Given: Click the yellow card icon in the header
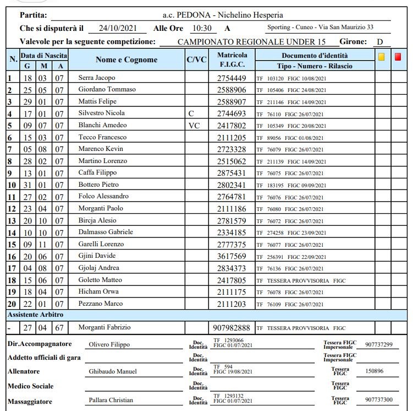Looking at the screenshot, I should pyautogui.click(x=382, y=56).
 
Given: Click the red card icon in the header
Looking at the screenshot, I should pyautogui.click(x=398, y=56).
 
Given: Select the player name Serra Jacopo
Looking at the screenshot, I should pyautogui.click(x=97, y=78).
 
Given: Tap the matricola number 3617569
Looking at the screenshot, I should pyautogui.click(x=232, y=256).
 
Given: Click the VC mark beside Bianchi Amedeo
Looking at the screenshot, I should pyautogui.click(x=194, y=125).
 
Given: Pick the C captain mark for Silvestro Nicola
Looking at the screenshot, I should pyautogui.click(x=191, y=113).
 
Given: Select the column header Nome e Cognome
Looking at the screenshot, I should pyautogui.click(x=126, y=60).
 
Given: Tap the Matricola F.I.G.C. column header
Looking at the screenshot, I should pyautogui.click(x=232, y=60).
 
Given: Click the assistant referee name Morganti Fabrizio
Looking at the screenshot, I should pyautogui.click(x=104, y=328).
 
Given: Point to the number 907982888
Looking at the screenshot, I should pyautogui.click(x=233, y=328).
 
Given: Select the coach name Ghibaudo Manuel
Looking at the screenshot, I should pyautogui.click(x=113, y=371).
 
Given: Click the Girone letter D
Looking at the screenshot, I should pyautogui.click(x=379, y=42).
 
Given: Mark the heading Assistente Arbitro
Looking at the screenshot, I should pyautogui.click(x=35, y=315).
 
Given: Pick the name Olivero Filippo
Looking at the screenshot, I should pyautogui.click(x=109, y=344).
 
